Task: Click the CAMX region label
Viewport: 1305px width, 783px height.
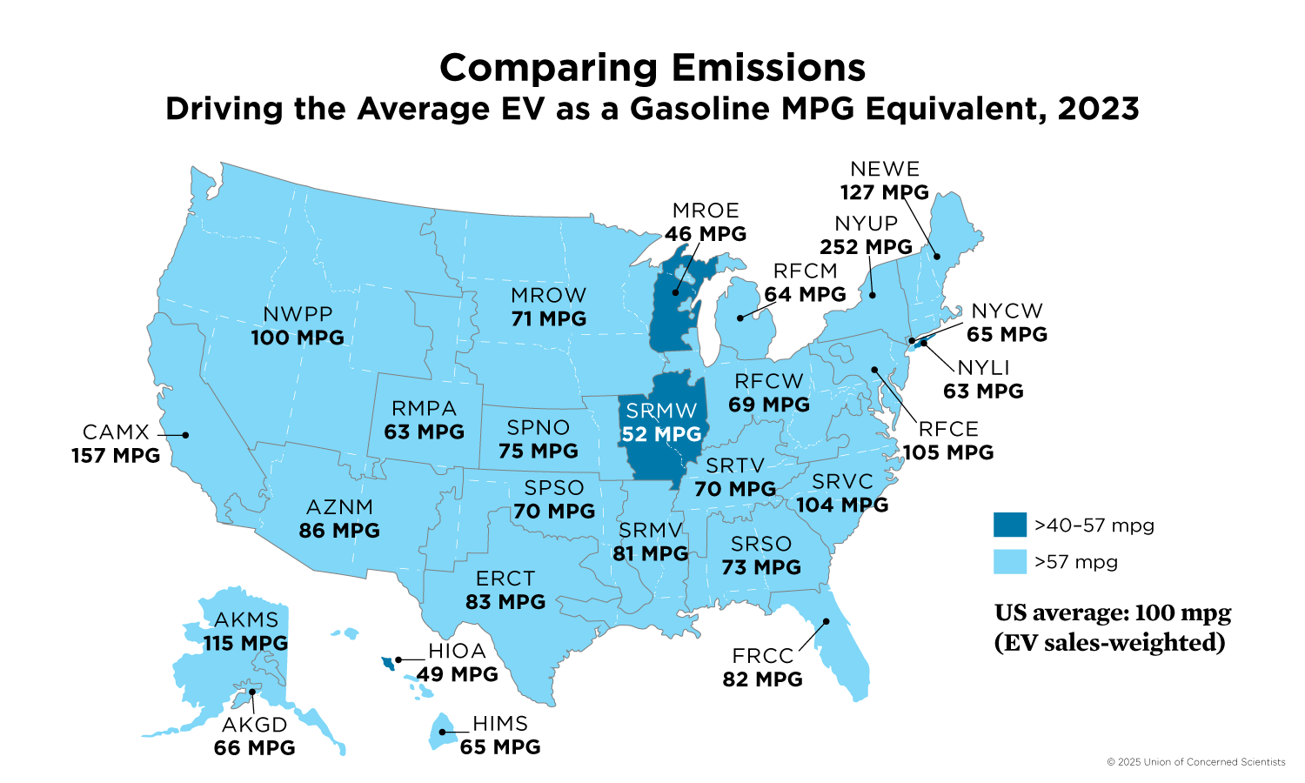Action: [x=116, y=432]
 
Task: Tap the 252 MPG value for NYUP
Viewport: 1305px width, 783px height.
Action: [x=866, y=247]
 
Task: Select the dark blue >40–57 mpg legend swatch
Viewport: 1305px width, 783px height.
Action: [x=1010, y=525]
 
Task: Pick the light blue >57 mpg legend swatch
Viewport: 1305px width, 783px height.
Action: [x=1010, y=562]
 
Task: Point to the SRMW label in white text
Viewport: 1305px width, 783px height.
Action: [x=661, y=411]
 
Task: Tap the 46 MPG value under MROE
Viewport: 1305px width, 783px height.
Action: [x=706, y=234]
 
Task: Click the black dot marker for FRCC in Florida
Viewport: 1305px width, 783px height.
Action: [x=826, y=622]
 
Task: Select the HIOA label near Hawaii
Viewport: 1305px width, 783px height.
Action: [x=457, y=651]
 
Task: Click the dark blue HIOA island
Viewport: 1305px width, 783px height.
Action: [x=388, y=664]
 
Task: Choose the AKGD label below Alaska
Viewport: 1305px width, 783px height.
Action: [x=254, y=725]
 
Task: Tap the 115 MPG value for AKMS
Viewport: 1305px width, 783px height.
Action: [x=245, y=644]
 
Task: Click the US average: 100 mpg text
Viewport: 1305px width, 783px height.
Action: [x=1113, y=613]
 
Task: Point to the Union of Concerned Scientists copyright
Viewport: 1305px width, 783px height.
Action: [x=1195, y=762]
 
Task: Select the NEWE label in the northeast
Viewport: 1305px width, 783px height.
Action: [x=885, y=169]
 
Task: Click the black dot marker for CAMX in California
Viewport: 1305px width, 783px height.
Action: [x=185, y=435]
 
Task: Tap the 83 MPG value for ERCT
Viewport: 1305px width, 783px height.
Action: [x=505, y=602]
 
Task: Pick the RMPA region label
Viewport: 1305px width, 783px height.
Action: [x=424, y=409]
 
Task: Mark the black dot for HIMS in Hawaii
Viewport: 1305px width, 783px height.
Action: [x=442, y=733]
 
